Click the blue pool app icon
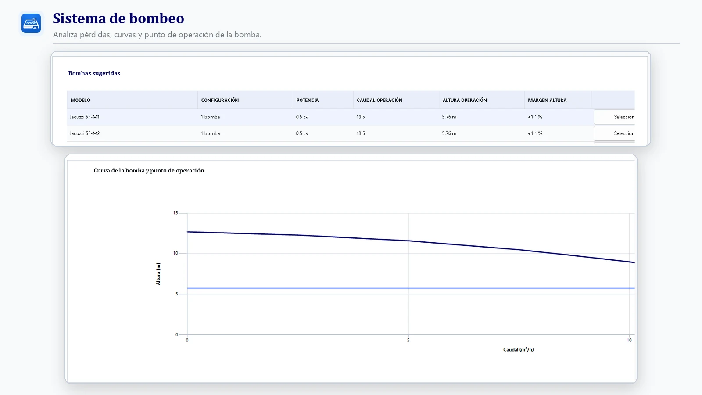(31, 23)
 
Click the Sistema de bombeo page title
(118, 18)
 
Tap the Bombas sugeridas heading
(94, 73)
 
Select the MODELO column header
(80, 100)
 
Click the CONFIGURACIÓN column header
(220, 100)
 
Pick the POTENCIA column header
(308, 100)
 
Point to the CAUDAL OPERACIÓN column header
(380, 100)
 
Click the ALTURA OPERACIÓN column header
(465, 100)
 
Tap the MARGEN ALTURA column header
(547, 100)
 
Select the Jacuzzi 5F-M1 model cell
(84, 117)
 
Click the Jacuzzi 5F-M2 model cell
(84, 133)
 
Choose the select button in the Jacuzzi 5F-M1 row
(614, 117)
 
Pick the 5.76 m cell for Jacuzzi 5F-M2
(449, 133)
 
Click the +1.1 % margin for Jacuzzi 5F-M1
(535, 117)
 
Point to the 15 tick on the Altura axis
(175, 213)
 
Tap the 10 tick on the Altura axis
(175, 253)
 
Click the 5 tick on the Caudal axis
(408, 340)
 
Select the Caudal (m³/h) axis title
(518, 349)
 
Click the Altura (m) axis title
(158, 274)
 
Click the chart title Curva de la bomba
(149, 171)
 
